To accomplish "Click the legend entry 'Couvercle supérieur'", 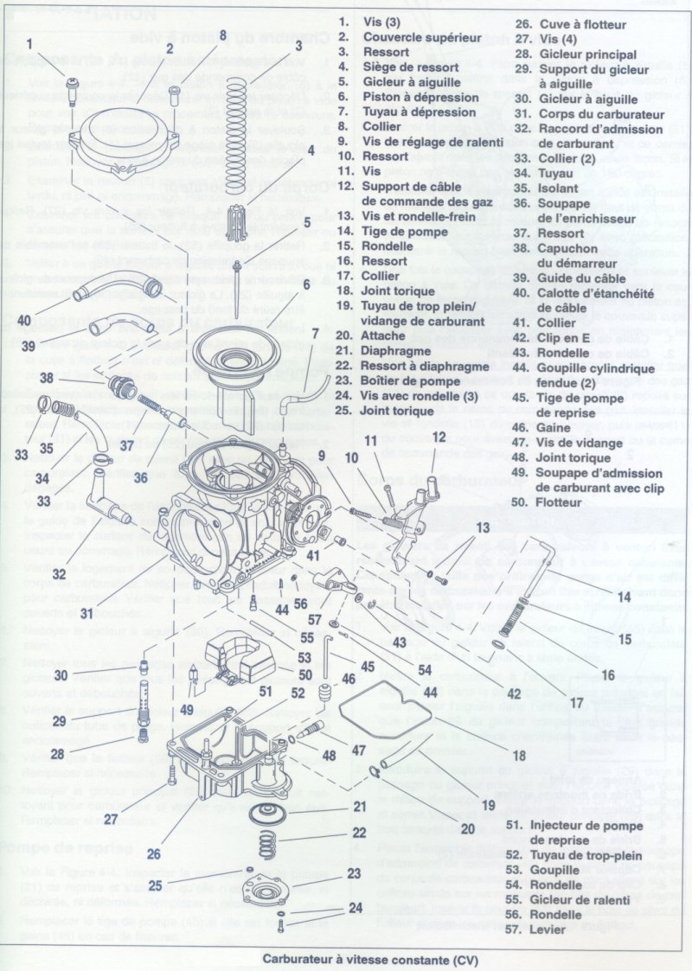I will [421, 37].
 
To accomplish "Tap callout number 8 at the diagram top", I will [222, 35].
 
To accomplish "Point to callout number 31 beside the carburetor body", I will [86, 613].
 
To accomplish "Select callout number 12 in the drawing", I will [439, 437].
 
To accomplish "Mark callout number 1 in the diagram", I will [29, 42].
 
